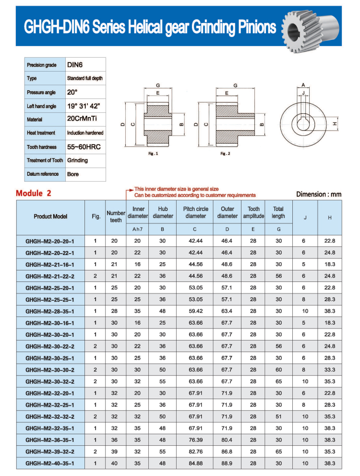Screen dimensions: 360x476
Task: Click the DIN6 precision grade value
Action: coord(75,65)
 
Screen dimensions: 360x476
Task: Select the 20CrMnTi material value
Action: coord(82,118)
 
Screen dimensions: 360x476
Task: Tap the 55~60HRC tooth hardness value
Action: coord(84,147)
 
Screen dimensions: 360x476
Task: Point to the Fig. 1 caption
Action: coord(153,154)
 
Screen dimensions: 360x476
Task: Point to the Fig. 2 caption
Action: coord(225,154)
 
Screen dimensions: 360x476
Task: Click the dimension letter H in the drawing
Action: coord(335,124)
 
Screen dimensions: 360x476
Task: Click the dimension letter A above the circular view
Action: coord(303,85)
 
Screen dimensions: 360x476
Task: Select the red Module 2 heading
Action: coord(34,194)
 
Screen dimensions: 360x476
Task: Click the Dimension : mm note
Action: coord(319,194)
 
